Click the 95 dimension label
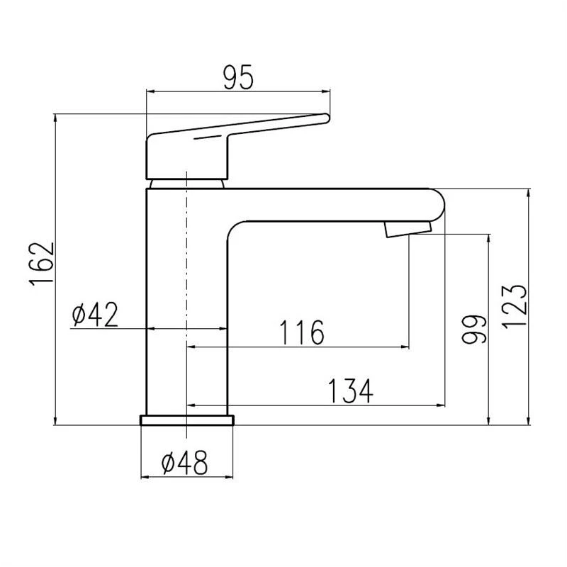click(238, 78)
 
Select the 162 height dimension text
click(43, 264)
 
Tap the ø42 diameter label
click(95, 314)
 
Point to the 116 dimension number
click(302, 332)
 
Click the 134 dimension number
click(350, 391)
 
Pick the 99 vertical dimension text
click(474, 329)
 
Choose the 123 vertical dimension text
click(515, 306)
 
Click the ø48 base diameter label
click(184, 463)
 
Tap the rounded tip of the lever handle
click(327, 118)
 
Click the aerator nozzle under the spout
click(408, 229)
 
